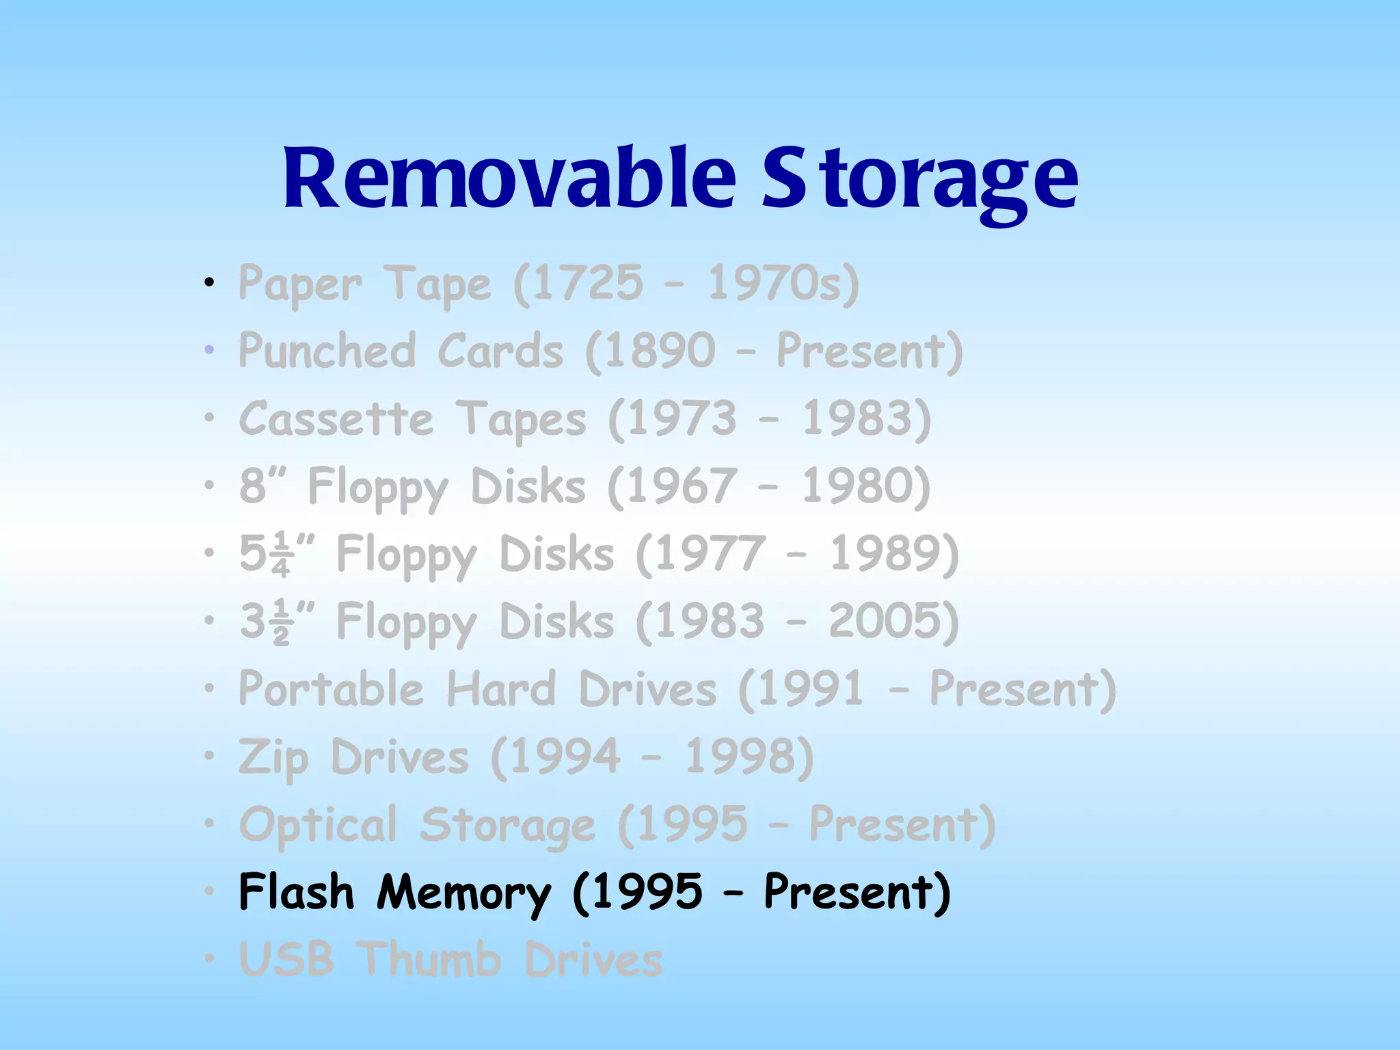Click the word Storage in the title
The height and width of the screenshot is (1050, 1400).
919,179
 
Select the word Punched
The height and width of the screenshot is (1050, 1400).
327,351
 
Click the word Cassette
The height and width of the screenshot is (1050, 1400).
336,418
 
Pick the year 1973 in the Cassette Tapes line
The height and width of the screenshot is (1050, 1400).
682,418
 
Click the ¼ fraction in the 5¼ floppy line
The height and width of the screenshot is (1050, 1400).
280,554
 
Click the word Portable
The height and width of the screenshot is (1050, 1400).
331,688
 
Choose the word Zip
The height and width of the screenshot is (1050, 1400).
273,757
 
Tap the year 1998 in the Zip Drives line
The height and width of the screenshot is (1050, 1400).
742,757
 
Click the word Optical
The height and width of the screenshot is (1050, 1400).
318,825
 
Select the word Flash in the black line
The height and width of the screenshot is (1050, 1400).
297,892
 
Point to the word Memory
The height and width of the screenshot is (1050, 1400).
463,893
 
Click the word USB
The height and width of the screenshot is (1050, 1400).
286,959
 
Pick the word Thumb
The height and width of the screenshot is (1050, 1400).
430,959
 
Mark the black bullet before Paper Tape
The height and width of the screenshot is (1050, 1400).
210,282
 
